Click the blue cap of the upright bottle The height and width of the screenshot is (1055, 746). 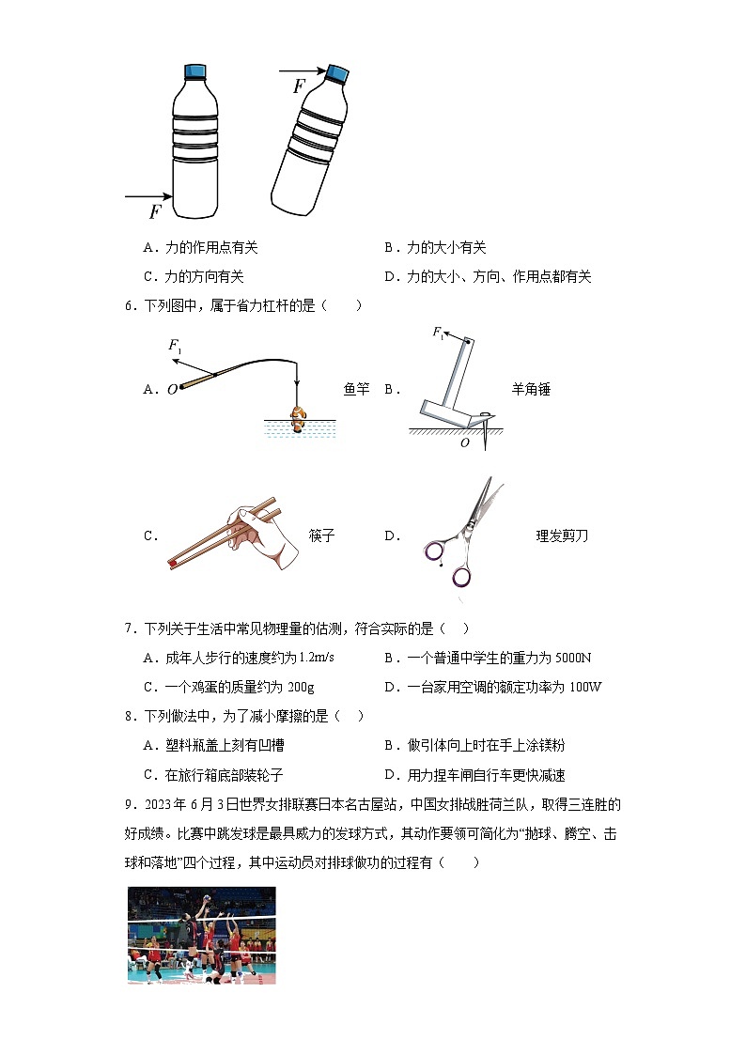tap(195, 71)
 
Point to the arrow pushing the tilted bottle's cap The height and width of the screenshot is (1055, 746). tap(302, 70)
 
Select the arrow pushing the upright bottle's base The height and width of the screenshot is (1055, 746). tap(148, 196)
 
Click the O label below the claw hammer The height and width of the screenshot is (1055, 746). tap(464, 443)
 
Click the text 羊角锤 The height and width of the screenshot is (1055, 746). tap(531, 389)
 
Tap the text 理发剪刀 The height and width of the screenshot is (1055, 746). tap(562, 536)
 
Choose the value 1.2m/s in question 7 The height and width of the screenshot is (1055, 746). tap(314, 658)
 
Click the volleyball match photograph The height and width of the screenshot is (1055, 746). tap(202, 935)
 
